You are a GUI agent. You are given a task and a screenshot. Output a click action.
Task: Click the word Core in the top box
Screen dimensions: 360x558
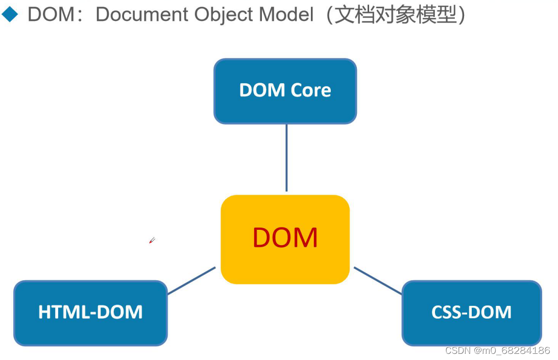pyautogui.click(x=310, y=90)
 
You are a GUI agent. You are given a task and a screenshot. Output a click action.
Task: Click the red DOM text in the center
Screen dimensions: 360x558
pyautogui.click(x=285, y=237)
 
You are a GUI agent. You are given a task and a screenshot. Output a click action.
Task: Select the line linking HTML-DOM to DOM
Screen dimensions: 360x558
pyautogui.click(x=191, y=280)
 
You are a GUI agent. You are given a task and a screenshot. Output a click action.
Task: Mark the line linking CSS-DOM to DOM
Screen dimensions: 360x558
pyautogui.click(x=378, y=280)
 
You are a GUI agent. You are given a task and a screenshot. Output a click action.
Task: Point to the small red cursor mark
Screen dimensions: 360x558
pyautogui.click(x=152, y=240)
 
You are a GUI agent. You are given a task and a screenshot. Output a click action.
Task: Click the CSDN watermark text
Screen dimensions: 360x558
pyautogui.click(x=458, y=350)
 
